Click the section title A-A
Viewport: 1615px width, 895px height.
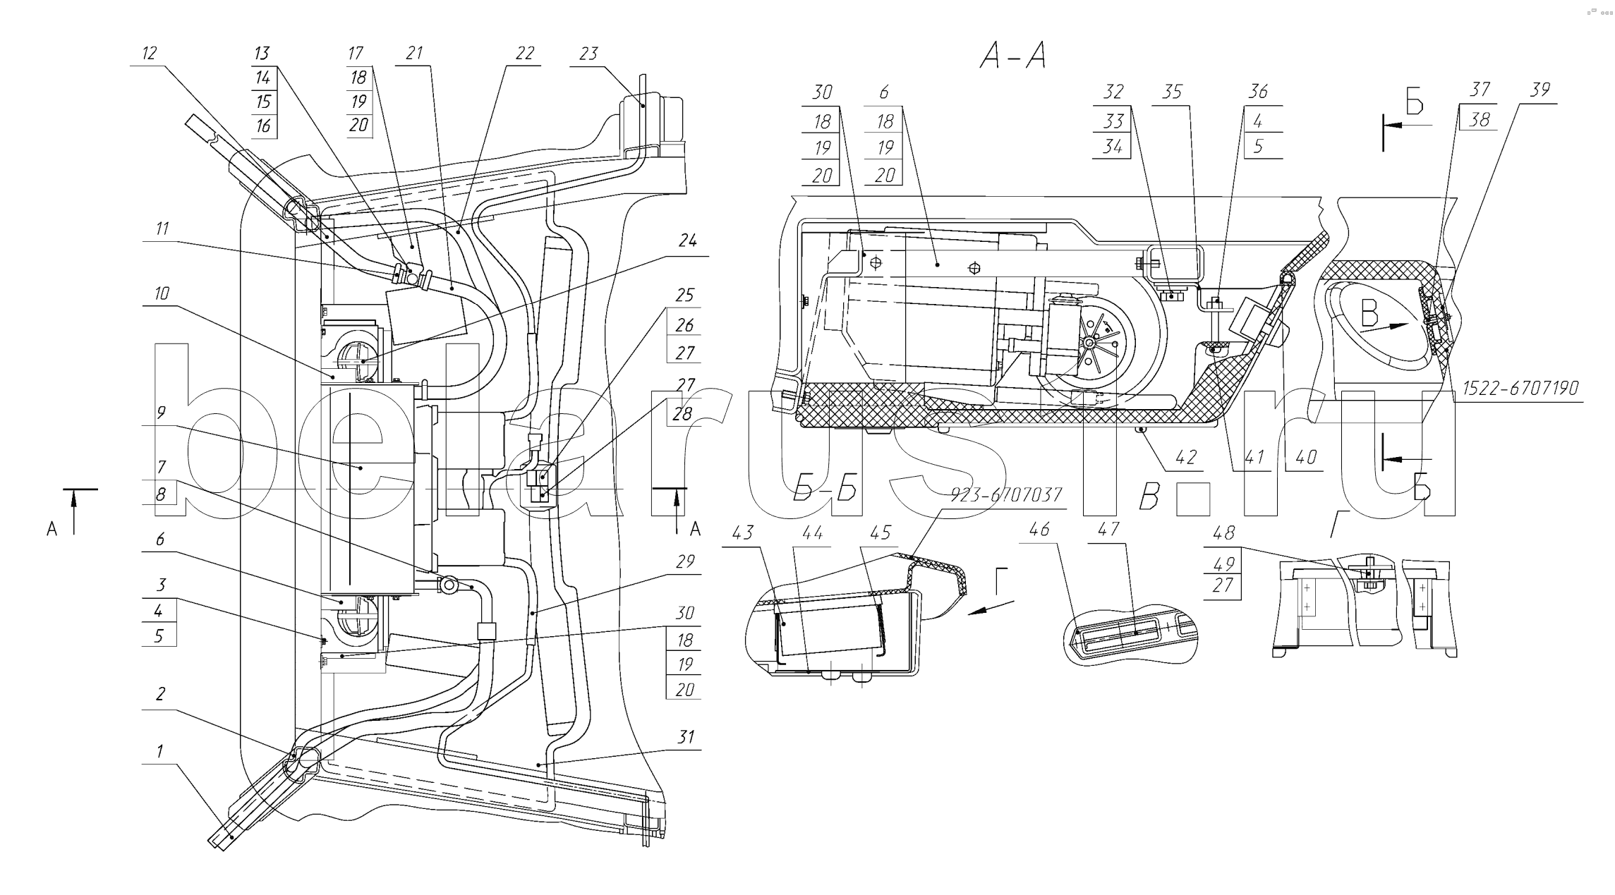pyautogui.click(x=1012, y=56)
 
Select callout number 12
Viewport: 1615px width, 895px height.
pyautogui.click(x=149, y=54)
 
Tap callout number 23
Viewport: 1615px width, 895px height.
pyautogui.click(x=588, y=54)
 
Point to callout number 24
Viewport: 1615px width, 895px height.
pyautogui.click(x=687, y=241)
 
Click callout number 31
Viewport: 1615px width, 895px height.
pyautogui.click(x=685, y=738)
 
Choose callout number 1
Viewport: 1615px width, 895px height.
pyautogui.click(x=159, y=752)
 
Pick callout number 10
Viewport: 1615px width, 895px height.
pyautogui.click(x=162, y=293)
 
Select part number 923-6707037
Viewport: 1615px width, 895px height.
pyautogui.click(x=1006, y=495)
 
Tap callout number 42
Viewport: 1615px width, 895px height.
pyautogui.click(x=1186, y=457)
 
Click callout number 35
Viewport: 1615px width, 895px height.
pyautogui.click(x=1172, y=92)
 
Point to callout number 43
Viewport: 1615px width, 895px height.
pyautogui.click(x=742, y=532)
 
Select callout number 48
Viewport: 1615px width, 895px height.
pyautogui.click(x=1223, y=533)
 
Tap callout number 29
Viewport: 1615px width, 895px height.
pyautogui.click(x=684, y=562)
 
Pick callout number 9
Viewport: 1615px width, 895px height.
pyautogui.click(x=161, y=413)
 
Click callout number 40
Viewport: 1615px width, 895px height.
pyautogui.click(x=1306, y=457)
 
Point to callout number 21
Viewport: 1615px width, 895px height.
pyautogui.click(x=414, y=54)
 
